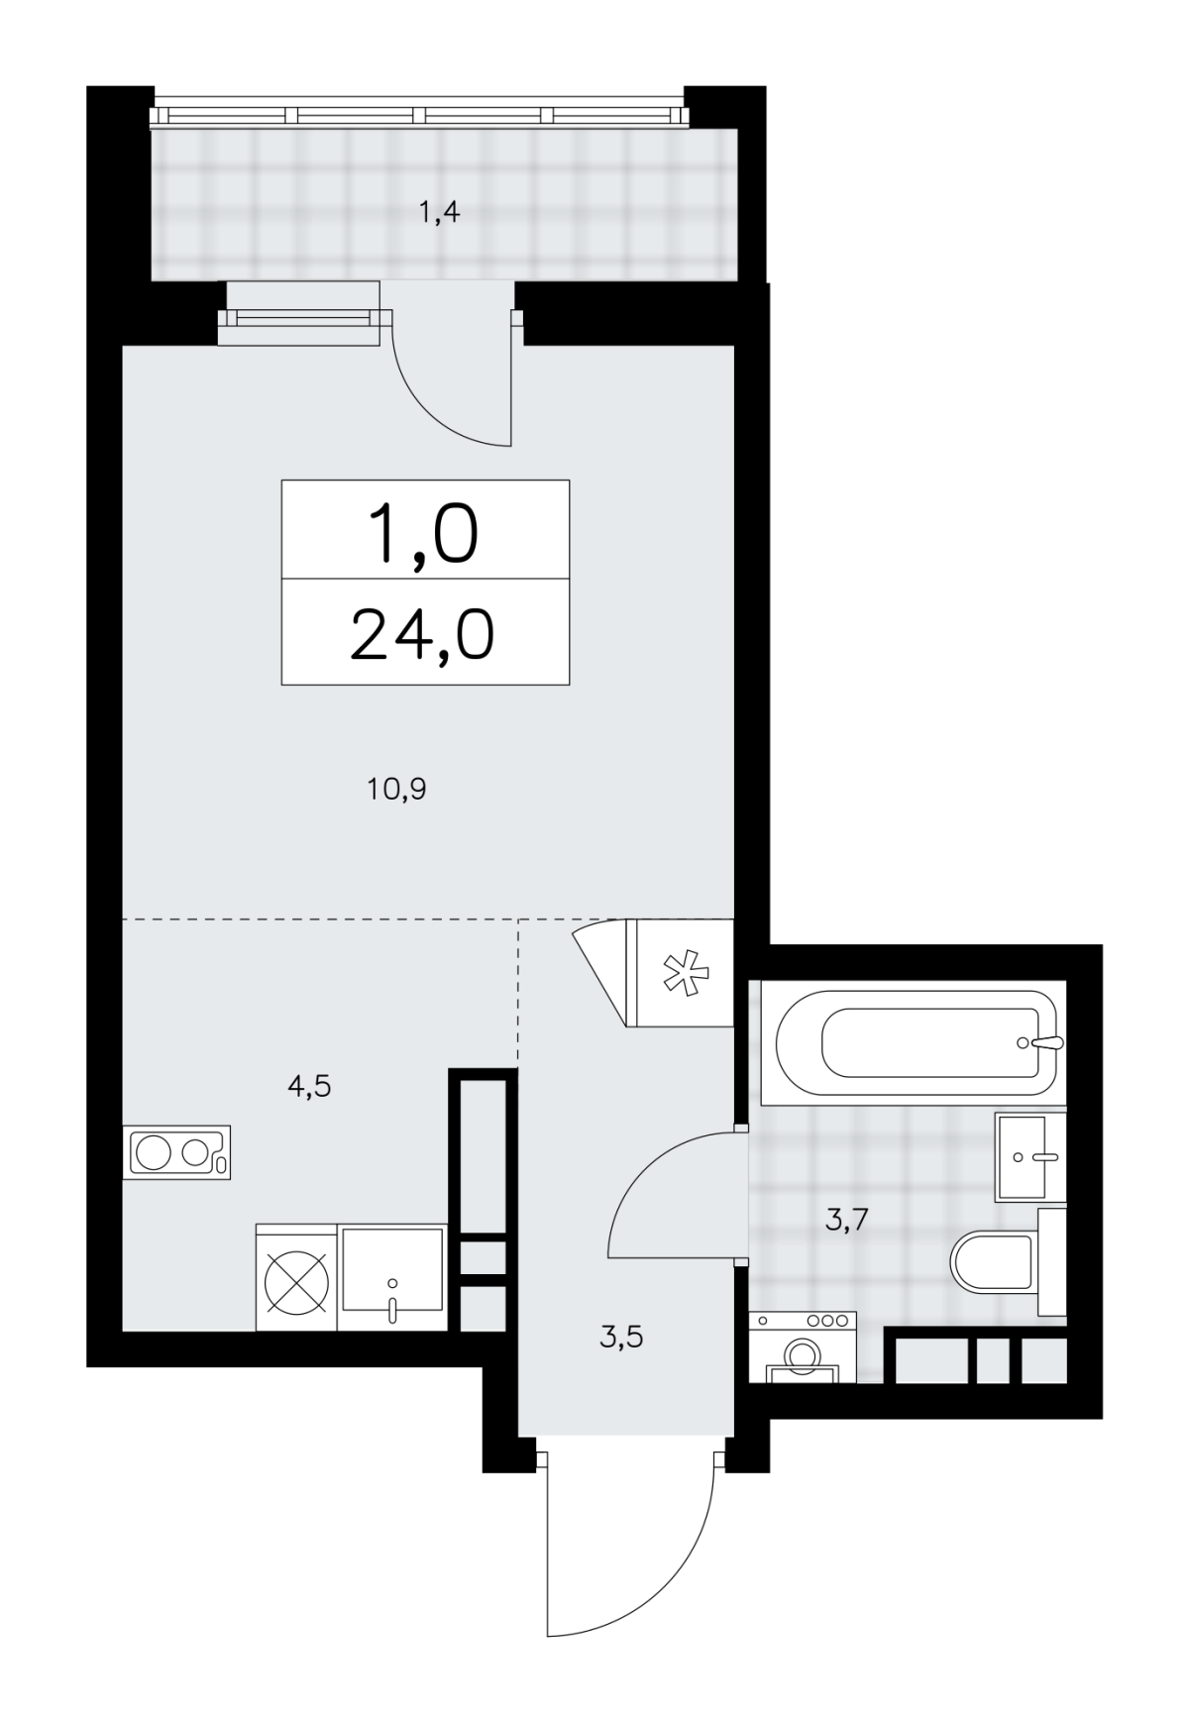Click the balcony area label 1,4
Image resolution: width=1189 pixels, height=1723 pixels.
click(x=439, y=212)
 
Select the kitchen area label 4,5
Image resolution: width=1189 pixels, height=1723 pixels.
click(x=308, y=1087)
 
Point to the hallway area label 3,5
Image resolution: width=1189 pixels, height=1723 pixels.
click(x=621, y=1338)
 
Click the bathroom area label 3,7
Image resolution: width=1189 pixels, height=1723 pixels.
click(x=847, y=1219)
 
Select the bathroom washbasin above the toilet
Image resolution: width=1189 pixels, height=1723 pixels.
click(x=1030, y=1156)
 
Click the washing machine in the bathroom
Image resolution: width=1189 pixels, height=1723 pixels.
click(x=802, y=1346)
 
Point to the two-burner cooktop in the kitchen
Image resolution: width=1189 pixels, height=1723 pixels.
click(x=177, y=1151)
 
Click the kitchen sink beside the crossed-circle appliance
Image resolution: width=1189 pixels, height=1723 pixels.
click(x=393, y=1277)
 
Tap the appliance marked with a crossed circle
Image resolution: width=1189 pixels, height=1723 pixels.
click(x=296, y=1278)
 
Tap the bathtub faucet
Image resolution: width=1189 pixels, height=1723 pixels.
click(x=1040, y=1042)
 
